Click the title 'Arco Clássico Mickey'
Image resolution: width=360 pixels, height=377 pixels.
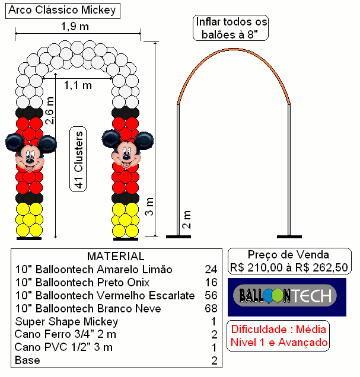click(x=62, y=11)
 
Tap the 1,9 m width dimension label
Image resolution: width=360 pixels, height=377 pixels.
click(x=75, y=26)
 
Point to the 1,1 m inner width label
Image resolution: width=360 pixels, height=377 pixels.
click(x=78, y=85)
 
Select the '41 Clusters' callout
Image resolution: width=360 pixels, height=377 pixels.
click(x=78, y=159)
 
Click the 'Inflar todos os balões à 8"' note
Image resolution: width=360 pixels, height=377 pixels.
click(x=231, y=28)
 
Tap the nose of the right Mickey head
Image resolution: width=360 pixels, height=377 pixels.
click(x=126, y=158)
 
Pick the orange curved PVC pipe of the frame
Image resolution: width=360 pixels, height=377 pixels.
click(x=233, y=50)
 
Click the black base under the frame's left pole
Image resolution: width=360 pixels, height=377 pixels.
click(x=179, y=237)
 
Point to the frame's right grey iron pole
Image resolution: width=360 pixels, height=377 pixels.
click(x=289, y=170)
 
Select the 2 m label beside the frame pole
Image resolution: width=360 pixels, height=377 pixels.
click(x=187, y=219)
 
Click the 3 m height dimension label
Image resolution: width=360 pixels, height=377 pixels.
click(x=149, y=206)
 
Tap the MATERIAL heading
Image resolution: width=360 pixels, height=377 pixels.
click(x=116, y=256)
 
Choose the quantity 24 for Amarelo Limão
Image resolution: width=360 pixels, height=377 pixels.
click(x=211, y=269)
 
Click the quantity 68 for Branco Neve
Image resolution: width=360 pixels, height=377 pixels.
click(x=211, y=308)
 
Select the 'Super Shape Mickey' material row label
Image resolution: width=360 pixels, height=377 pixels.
click(x=66, y=322)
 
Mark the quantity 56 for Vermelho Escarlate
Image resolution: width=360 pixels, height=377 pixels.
click(x=211, y=295)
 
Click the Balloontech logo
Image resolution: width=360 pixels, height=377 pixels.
click(x=287, y=297)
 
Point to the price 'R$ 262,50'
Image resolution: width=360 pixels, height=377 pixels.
click(x=322, y=267)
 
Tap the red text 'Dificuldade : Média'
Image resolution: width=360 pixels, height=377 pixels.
click(x=279, y=329)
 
